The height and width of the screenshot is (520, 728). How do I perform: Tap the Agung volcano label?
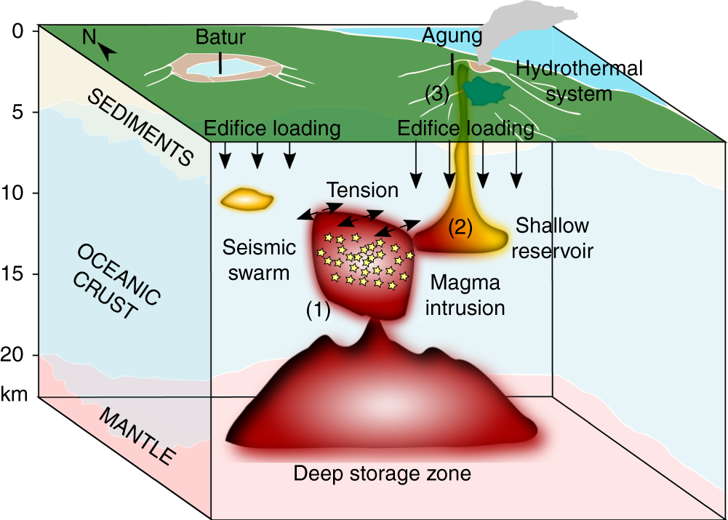[x=452, y=35]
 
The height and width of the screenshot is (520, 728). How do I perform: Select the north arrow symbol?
[x=108, y=50]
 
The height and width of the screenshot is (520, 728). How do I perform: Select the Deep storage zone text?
[x=382, y=474]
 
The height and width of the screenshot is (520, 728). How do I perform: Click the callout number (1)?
[x=318, y=311]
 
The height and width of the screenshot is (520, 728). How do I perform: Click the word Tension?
[x=362, y=191]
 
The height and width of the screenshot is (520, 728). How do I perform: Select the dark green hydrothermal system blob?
[x=485, y=91]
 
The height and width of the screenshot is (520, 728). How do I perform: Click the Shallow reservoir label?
[x=552, y=238]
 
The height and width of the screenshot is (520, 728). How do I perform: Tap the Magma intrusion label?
[x=464, y=295]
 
